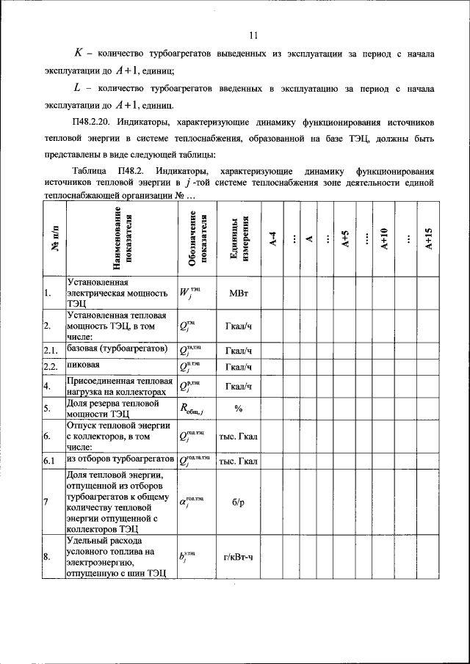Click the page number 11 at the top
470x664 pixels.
pyautogui.click(x=254, y=34)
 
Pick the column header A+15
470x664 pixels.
pyautogui.click(x=429, y=239)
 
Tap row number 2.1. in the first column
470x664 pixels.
pyautogui.click(x=51, y=349)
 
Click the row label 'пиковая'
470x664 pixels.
pyautogui.click(x=84, y=365)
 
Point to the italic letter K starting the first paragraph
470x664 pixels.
pyautogui.click(x=80, y=54)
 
